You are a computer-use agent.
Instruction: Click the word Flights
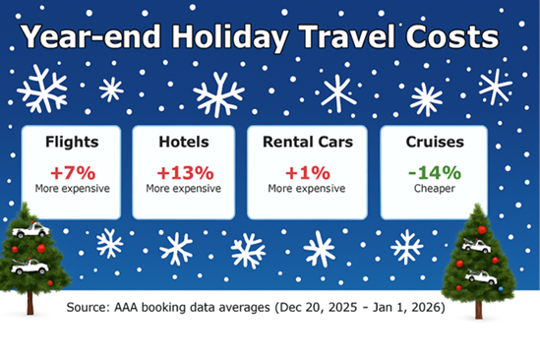(x=71, y=142)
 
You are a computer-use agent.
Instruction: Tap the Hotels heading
(x=183, y=142)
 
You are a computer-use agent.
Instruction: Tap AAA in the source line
(x=136, y=308)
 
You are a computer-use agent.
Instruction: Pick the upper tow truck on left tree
(x=30, y=231)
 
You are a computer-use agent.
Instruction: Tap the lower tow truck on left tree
(x=29, y=266)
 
